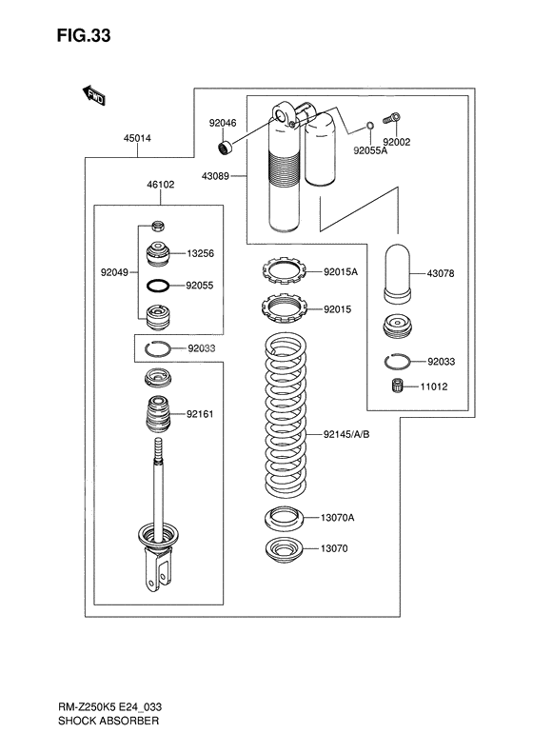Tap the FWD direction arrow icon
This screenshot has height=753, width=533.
[x=92, y=94]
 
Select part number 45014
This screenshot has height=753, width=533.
[x=137, y=138]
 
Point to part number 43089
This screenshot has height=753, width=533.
[x=215, y=175]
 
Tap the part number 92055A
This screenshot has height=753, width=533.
[x=370, y=149]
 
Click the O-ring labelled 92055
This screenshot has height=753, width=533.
[x=158, y=285]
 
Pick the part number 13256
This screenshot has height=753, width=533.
[x=200, y=254]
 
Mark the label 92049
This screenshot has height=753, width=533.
[x=114, y=270]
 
